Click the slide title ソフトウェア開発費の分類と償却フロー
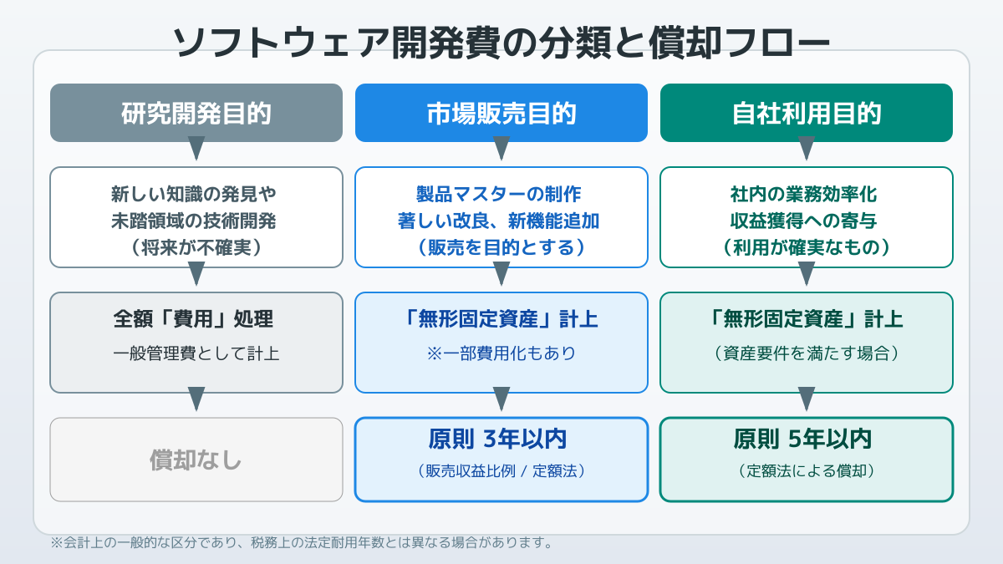point(501,43)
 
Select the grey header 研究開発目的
point(196,113)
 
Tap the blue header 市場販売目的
point(501,113)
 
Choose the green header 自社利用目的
point(807,113)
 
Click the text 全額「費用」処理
point(193,319)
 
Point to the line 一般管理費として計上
point(196,353)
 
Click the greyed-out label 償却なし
point(196,460)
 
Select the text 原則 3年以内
point(497,439)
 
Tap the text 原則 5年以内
point(802,439)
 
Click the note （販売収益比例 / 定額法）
point(501,471)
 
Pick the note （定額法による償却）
point(807,471)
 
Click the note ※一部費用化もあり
point(501,353)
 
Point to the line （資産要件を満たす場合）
point(807,353)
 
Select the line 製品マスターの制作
point(498,194)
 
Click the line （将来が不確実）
point(196,247)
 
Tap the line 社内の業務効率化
point(803,194)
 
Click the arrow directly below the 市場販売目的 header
point(501,148)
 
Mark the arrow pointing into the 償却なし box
point(196,399)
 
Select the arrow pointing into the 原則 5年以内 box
point(807,399)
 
